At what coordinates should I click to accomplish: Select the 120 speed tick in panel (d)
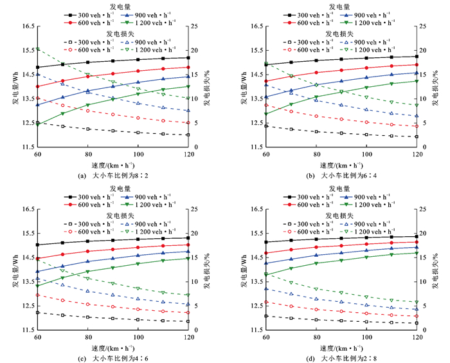(417, 337)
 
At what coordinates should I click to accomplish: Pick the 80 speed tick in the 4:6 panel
(87, 337)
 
